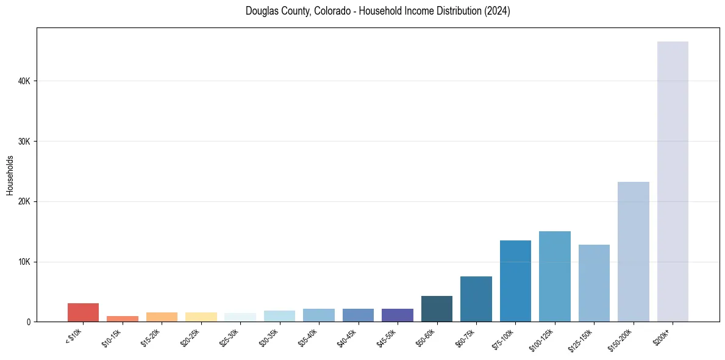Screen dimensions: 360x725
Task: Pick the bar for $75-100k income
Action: [515, 281]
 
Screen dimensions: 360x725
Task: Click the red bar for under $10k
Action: [83, 312]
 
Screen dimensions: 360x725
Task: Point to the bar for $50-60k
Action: [437, 309]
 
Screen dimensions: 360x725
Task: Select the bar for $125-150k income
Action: [594, 283]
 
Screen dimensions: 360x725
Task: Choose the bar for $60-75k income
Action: [476, 299]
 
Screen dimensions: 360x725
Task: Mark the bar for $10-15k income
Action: [122, 319]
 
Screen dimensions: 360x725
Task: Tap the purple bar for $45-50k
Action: [397, 315]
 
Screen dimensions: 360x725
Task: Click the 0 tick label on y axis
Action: [28, 322]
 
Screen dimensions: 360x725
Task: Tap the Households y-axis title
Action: [10, 175]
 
